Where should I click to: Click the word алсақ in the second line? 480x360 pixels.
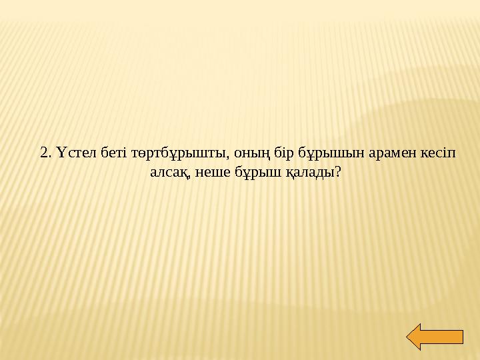(169, 173)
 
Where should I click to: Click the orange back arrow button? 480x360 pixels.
(434, 337)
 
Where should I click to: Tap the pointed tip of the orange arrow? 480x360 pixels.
(408, 337)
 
